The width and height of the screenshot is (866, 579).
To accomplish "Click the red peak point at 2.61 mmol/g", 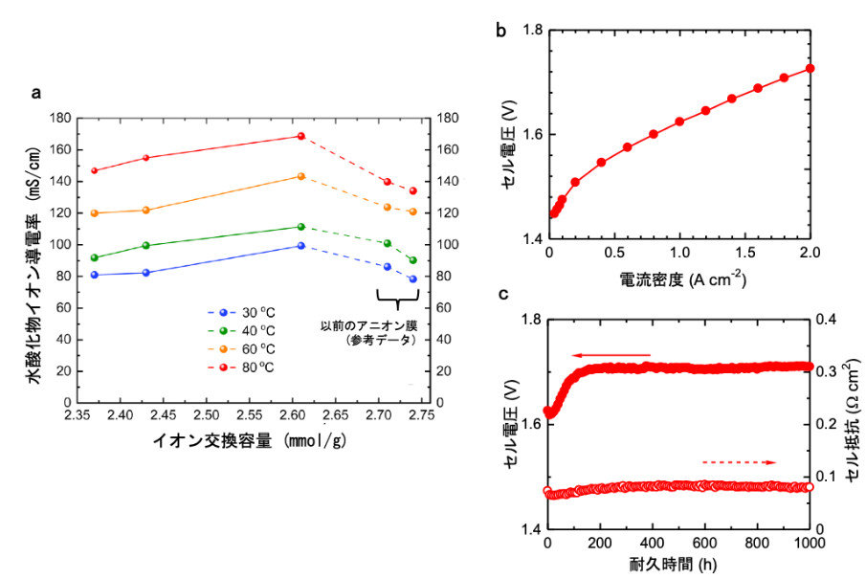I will click(301, 136).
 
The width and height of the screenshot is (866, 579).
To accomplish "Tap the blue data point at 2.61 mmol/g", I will click(301, 246).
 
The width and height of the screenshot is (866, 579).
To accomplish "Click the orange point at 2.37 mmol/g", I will click(94, 212).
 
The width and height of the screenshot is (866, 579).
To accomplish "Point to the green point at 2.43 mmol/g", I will click(146, 245).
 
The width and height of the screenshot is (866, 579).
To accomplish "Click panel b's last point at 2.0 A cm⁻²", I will click(810, 68).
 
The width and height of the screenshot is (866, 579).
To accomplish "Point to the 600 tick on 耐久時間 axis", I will click(705, 545).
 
